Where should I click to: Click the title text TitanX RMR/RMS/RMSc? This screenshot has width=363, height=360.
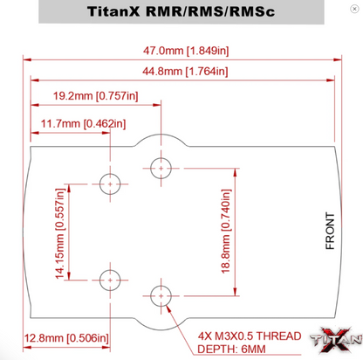[x=182, y=14]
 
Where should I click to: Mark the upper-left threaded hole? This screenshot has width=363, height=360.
[x=111, y=183]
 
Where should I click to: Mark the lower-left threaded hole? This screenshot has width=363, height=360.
[x=111, y=280]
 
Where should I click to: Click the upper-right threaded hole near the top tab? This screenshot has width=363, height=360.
[x=161, y=166]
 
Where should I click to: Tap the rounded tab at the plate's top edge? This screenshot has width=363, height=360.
[x=161, y=140]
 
